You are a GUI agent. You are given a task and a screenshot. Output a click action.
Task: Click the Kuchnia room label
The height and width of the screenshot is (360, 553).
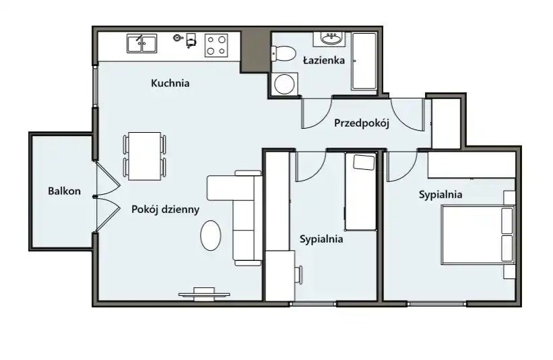point(170,84)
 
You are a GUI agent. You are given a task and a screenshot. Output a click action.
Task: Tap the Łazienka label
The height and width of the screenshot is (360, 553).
point(324,61)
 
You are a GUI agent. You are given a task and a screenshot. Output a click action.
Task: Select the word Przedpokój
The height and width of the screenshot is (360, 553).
point(362,123)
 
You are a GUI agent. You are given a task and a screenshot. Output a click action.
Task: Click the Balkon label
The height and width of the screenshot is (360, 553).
point(64,191)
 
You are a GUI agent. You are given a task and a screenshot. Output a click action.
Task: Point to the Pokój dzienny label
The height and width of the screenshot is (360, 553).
point(166,210)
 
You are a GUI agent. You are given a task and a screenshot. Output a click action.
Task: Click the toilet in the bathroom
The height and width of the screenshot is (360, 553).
point(283,54)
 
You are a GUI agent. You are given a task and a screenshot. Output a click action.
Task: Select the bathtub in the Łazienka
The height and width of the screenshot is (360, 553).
point(364,61)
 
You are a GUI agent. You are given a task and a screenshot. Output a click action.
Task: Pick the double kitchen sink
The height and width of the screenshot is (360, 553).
point(141,43)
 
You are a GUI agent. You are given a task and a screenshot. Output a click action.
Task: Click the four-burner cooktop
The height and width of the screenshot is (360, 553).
point(216,46)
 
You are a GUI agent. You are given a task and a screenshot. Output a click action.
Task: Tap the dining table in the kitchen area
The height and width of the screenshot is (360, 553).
point(145,156)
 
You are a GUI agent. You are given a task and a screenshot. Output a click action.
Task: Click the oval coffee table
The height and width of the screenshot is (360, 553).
point(211,235)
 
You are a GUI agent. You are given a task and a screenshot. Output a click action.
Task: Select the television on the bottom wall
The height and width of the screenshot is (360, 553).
point(204,294)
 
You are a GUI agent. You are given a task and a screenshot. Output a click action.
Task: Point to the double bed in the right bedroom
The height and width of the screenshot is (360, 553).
point(478,235)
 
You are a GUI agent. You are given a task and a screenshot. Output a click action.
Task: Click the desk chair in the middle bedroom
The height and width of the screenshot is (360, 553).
point(299,275)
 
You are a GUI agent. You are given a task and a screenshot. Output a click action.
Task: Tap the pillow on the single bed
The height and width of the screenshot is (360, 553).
point(364,162)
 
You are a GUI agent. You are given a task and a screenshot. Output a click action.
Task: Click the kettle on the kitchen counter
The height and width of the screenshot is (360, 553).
point(178,38)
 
